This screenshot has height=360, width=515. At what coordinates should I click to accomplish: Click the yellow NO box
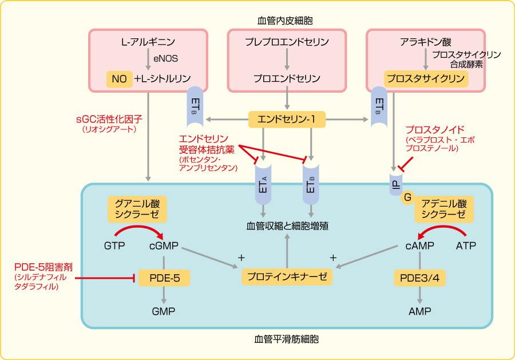[120, 79]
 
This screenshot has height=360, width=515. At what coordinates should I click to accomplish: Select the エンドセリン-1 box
[287, 120]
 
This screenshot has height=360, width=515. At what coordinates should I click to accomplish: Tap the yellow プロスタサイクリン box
[425, 79]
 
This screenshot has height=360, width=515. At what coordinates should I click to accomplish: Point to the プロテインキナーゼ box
[287, 276]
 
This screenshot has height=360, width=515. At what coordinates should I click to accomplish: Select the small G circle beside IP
[407, 197]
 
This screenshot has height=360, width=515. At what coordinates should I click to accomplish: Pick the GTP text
[114, 246]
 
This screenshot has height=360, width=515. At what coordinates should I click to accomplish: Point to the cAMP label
[419, 246]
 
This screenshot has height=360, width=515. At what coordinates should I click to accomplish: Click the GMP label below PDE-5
[164, 311]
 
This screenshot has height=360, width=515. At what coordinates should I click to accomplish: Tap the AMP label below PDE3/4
[420, 311]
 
